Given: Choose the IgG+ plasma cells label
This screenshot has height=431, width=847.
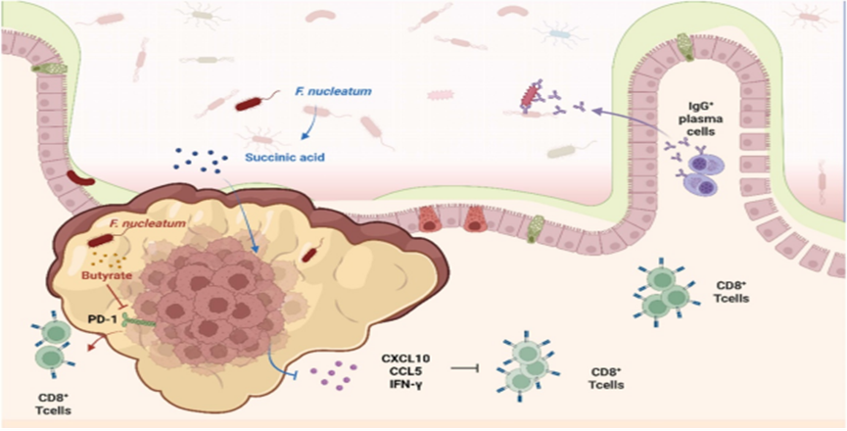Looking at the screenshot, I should [703, 114].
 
